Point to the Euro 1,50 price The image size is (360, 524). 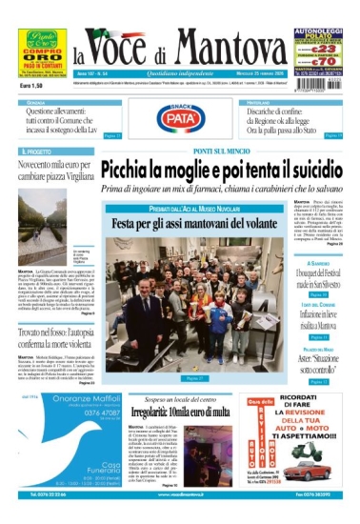coord(32,87)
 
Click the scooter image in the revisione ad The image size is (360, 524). coord(317,470)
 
